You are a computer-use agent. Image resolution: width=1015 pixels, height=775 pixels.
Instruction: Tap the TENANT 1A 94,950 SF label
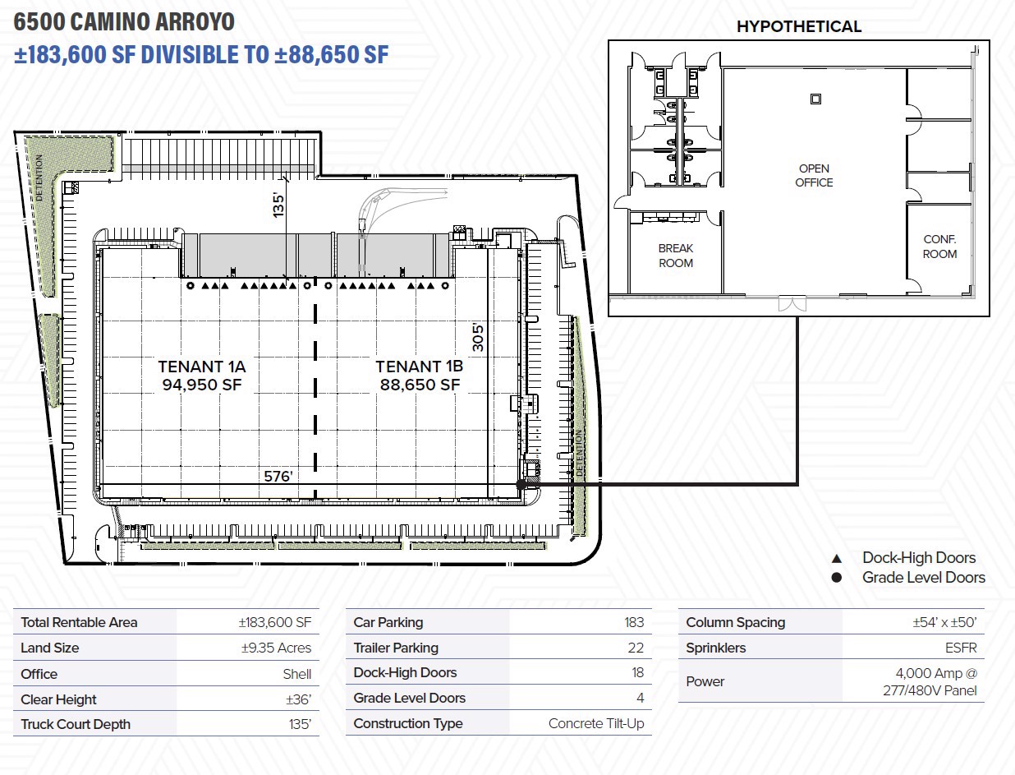202,375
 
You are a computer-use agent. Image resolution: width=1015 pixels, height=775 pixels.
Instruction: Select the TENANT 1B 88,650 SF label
420,375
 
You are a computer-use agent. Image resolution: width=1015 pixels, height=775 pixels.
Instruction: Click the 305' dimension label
479,337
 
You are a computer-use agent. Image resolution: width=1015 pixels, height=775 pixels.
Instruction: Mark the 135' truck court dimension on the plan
279,205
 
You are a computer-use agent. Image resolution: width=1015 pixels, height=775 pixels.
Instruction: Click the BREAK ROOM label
676,256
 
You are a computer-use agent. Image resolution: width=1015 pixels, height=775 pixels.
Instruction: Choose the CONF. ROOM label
939,247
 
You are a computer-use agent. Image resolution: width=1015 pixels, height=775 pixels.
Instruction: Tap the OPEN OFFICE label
814,176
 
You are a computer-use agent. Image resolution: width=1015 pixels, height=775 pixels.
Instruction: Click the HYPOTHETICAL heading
798,26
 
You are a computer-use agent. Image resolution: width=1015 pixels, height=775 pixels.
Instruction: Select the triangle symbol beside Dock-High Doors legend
837,558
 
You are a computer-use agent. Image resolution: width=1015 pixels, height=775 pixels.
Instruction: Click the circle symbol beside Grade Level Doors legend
837,578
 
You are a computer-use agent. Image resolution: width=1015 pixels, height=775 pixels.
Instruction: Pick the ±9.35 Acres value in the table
276,648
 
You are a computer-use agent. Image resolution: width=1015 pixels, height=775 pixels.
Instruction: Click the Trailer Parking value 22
636,648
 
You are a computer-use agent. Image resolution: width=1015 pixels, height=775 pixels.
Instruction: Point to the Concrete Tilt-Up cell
596,723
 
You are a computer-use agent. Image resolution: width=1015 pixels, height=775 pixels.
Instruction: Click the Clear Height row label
58,699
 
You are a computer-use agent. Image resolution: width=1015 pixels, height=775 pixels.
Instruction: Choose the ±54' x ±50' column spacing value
944,622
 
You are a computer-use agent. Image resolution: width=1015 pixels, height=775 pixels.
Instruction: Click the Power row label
705,681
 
